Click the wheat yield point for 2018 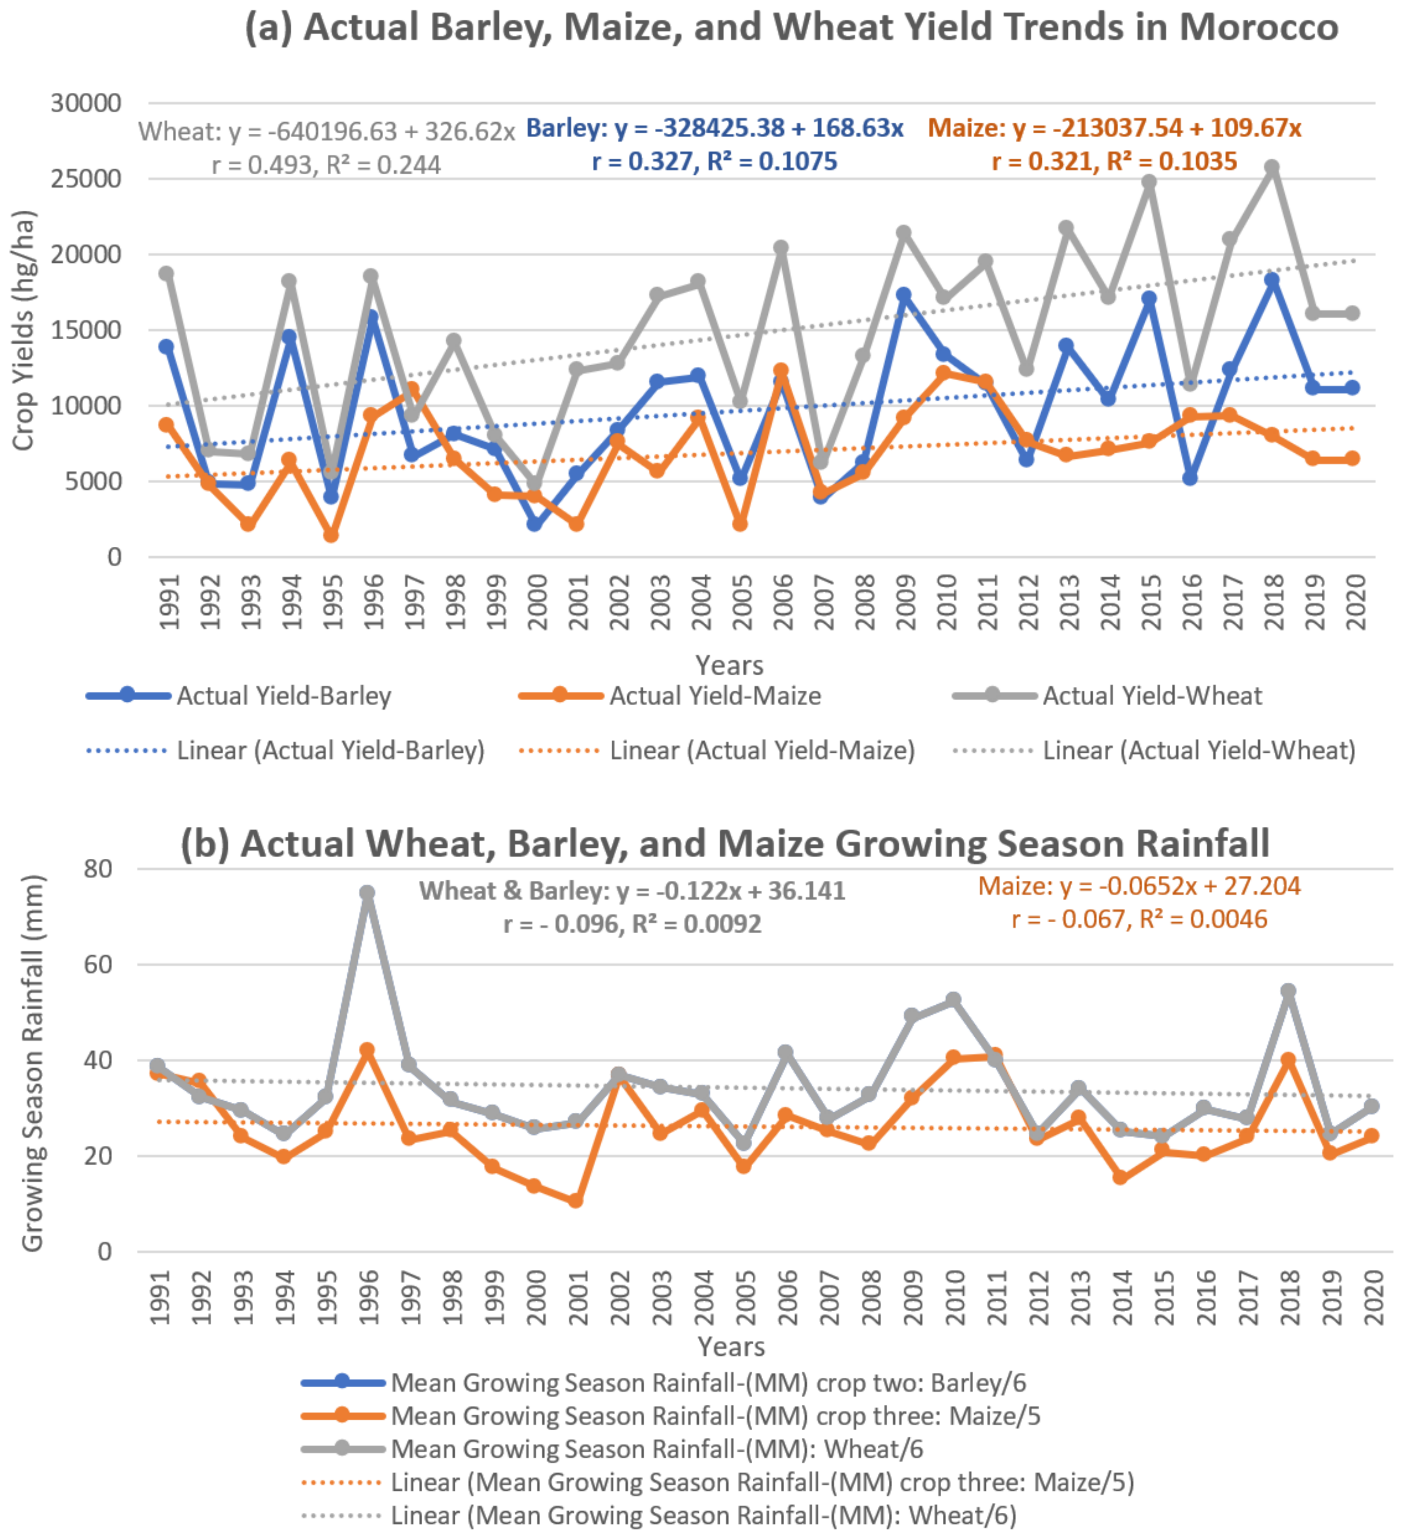1271,167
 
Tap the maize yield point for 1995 330,535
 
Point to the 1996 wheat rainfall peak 367,893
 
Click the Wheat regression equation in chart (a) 326,132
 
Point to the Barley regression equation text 714,128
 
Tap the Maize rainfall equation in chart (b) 1139,886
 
